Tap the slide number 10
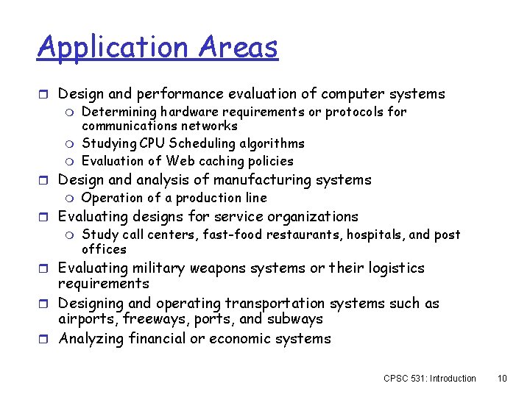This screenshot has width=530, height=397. point(503,379)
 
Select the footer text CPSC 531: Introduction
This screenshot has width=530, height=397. point(430,379)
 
